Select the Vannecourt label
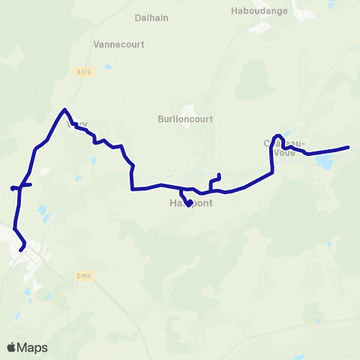118,44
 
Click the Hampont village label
190,203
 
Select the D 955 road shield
82,276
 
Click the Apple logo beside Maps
13,347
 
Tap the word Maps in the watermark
34,348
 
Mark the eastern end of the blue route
349,147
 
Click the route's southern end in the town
21,249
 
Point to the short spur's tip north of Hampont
218,174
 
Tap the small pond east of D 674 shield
109,67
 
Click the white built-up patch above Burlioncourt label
189,109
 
